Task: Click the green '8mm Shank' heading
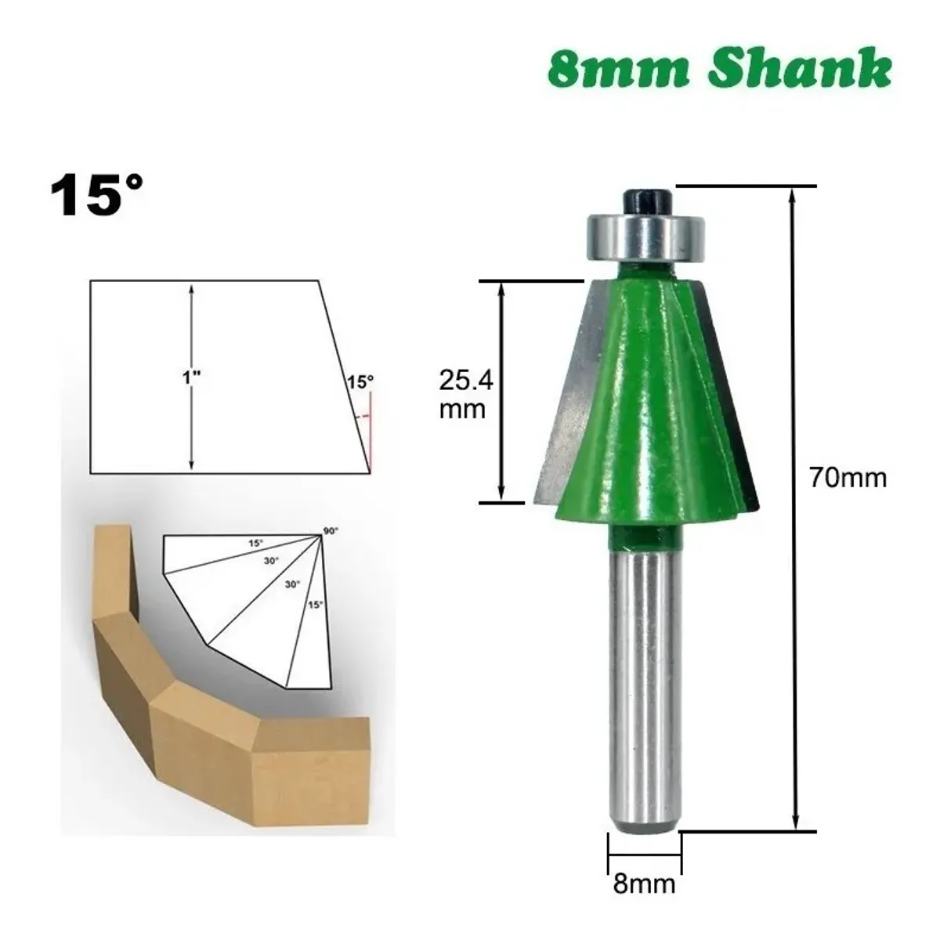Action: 719,70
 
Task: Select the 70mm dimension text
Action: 848,478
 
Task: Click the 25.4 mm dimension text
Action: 466,395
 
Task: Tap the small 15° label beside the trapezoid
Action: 360,382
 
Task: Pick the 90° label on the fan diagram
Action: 331,531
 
